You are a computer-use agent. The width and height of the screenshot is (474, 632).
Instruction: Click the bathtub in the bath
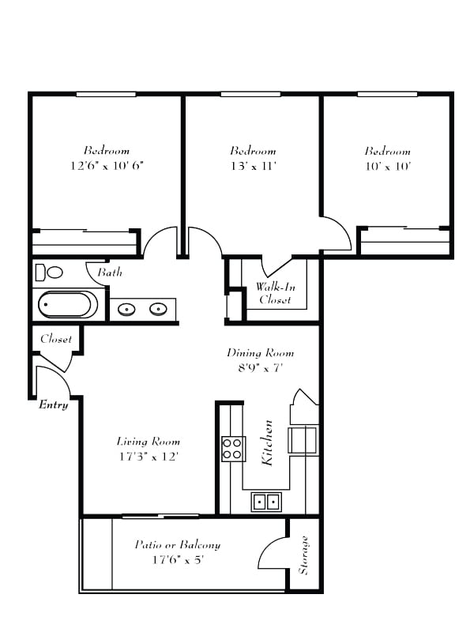pos(69,304)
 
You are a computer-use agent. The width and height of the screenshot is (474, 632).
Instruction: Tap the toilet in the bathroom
pos(50,273)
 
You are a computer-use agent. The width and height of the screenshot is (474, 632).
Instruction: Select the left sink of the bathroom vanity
pos(126,309)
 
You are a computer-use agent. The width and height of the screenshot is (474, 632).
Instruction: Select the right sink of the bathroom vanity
pos(159,309)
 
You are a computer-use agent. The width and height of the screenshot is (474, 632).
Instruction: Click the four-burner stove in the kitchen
pos(233,449)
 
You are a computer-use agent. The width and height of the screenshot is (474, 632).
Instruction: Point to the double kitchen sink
pos(266,501)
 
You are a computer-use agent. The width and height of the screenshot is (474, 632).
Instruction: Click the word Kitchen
pos(268,442)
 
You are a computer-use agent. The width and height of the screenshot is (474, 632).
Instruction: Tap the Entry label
pos(54,405)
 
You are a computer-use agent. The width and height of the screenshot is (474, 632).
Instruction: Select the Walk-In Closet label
pos(274,293)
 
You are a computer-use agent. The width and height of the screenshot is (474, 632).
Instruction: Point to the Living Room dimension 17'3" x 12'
pos(149,457)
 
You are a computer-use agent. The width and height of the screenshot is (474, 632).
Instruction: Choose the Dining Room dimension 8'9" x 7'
pos(260,367)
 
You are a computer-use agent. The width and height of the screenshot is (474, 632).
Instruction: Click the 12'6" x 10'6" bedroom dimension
pos(107,166)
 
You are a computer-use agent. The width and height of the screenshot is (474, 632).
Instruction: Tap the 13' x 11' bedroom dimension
pos(253,166)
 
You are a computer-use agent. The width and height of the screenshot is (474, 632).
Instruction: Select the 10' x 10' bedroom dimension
pos(387,166)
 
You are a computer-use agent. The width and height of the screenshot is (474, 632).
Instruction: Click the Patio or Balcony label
pos(178,544)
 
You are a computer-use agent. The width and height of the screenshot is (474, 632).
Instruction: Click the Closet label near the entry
pos(56,339)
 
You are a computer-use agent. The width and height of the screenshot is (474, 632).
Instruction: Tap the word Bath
pos(109,273)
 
